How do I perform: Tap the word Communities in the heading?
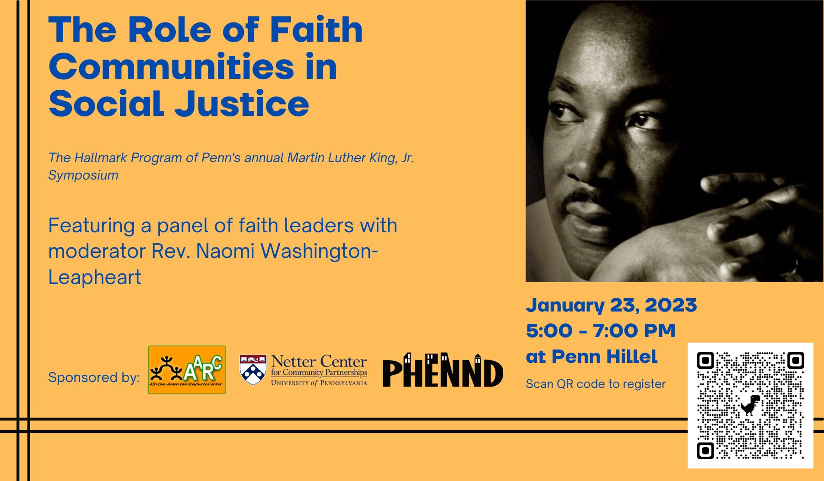coord(172,66)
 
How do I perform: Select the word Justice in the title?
coord(242,104)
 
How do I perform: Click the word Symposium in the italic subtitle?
coord(83,175)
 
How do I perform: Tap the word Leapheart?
coord(95,278)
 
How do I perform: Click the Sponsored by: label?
coord(94,377)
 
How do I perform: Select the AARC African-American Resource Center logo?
coord(187,370)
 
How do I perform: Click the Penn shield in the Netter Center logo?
coord(253,370)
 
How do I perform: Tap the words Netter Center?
coord(319,361)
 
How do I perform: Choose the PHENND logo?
coord(443,370)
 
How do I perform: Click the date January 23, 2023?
coord(611,306)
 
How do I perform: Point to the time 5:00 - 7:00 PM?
coord(601,331)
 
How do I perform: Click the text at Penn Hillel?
coord(591,356)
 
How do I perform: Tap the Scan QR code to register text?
coord(596,384)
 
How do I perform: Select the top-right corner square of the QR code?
coord(796,361)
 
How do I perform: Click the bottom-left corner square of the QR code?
coord(705,451)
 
